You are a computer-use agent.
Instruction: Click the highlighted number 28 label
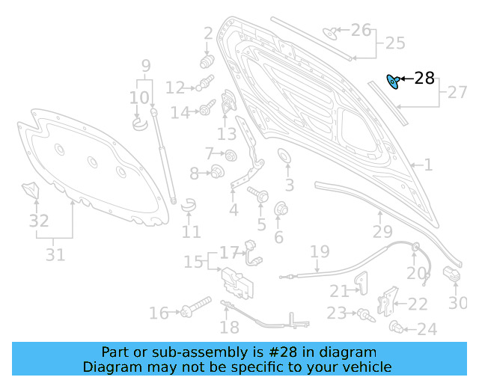(x=424, y=78)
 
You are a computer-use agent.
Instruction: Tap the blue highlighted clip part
(x=391, y=80)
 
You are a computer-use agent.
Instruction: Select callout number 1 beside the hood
(x=428, y=165)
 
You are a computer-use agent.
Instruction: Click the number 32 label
(x=39, y=221)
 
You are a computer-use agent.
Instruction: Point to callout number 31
(x=55, y=254)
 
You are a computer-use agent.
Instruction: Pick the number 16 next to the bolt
(x=159, y=313)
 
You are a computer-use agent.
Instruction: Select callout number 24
(x=427, y=328)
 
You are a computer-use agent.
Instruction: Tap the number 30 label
(x=457, y=302)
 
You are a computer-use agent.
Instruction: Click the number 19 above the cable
(x=320, y=251)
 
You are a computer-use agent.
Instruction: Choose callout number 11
(x=191, y=231)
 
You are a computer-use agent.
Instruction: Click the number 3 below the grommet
(x=289, y=185)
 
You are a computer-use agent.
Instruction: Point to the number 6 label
(x=278, y=237)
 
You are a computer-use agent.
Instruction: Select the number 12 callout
(x=174, y=88)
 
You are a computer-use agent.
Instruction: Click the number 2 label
(x=208, y=33)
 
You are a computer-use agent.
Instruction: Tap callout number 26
(x=361, y=30)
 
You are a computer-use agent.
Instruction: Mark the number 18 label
(x=230, y=327)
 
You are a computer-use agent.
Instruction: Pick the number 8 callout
(x=194, y=174)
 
